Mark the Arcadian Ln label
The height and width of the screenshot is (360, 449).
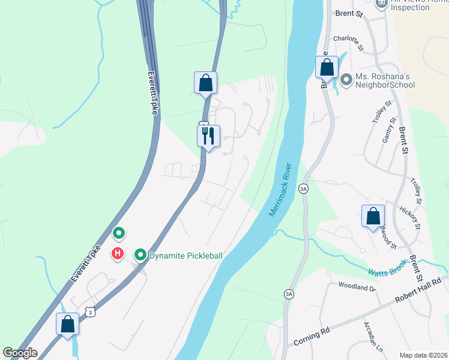coord(372,336)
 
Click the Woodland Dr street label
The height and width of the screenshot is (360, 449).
coord(357,287)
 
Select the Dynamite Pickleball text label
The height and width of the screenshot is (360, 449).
coord(185,256)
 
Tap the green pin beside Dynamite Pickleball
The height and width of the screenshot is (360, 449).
coord(140,255)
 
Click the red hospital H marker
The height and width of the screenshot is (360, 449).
coord(118,254)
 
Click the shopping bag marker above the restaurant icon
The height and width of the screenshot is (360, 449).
coord(205,83)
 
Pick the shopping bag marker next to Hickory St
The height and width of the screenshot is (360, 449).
coord(373,215)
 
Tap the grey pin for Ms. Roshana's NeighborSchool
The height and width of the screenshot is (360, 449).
coord(346,79)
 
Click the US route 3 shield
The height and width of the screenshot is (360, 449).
coord(90,312)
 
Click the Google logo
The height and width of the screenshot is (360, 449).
coord(20,353)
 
